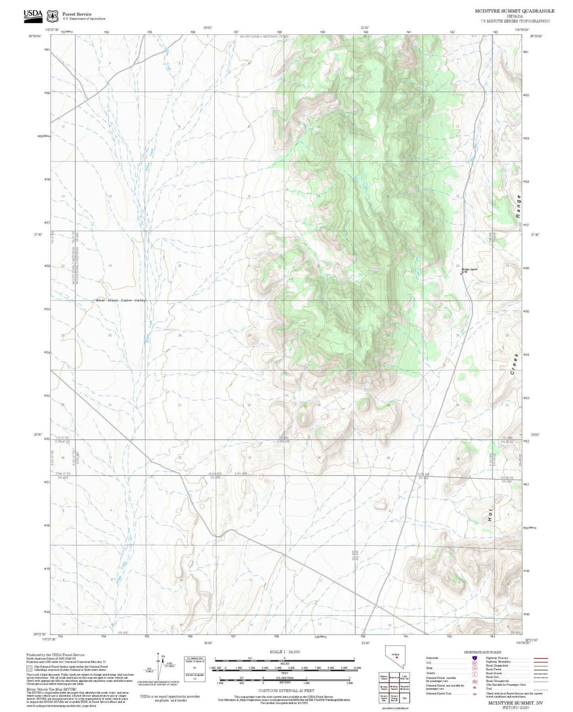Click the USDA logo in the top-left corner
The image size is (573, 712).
[x=33, y=14]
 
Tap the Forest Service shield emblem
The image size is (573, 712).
[x=52, y=16]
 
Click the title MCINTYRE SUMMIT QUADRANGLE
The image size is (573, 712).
[x=514, y=11]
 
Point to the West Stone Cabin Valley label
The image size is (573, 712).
[x=121, y=300]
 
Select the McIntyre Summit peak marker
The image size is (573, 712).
[x=461, y=273]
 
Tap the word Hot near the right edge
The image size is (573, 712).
[x=491, y=515]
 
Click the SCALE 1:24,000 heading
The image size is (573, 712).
[x=284, y=652]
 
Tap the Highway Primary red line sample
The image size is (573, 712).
[x=541, y=658]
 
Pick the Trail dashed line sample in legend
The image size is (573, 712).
[x=541, y=689]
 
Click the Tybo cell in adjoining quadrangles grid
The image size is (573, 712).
[x=404, y=699]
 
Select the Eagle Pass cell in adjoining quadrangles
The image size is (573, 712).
[x=394, y=678]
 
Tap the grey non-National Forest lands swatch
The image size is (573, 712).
[x=29, y=668]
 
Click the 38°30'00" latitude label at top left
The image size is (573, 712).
[x=36, y=36]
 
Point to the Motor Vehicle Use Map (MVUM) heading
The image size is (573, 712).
[x=44, y=689]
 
